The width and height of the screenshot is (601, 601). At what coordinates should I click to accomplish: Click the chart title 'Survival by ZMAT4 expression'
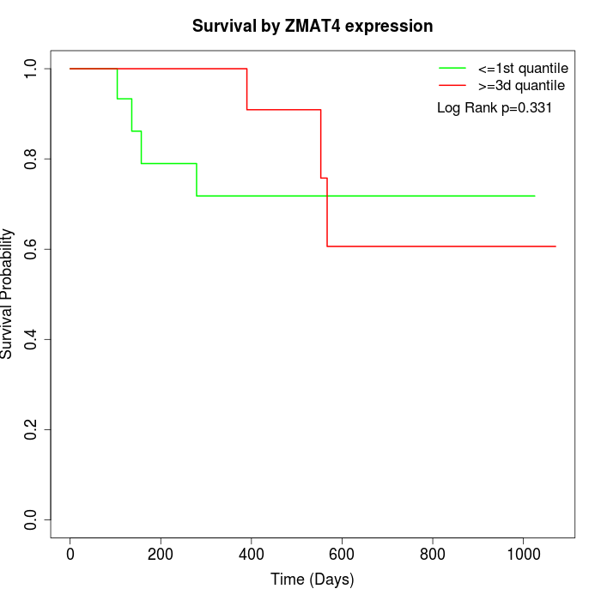click(x=313, y=27)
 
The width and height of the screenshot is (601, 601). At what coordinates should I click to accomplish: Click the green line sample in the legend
click(x=452, y=68)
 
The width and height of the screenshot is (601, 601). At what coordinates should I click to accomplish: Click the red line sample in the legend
click(x=452, y=86)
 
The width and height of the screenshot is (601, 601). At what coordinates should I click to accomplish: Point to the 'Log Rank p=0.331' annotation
click(x=495, y=108)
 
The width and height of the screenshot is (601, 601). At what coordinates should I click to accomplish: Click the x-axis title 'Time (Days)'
click(x=313, y=580)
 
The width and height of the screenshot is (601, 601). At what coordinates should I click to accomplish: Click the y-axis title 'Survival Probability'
click(x=8, y=294)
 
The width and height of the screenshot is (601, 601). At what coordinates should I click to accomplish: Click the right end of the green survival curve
click(x=535, y=196)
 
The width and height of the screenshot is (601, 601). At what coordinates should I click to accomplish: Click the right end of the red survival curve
click(x=555, y=246)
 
